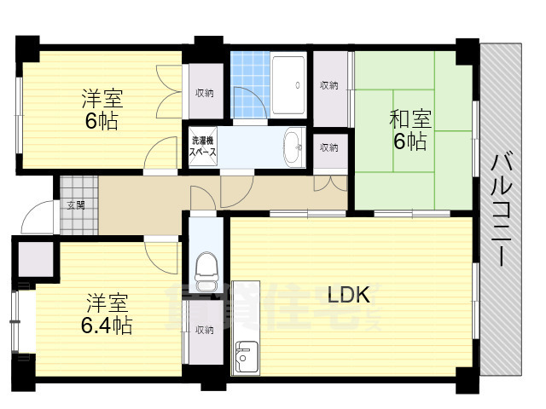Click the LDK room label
click(x=348, y=296)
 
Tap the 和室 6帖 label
click(x=409, y=129)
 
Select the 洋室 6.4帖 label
click(x=107, y=313)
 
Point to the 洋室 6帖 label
click(x=100, y=108)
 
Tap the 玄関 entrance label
click(x=75, y=204)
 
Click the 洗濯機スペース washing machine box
click(x=203, y=146)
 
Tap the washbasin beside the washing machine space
click(x=293, y=146)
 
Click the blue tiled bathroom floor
click(x=249, y=85)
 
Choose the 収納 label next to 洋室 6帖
click(x=203, y=93)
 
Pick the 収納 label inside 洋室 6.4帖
click(x=203, y=330)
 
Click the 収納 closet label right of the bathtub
click(x=329, y=85)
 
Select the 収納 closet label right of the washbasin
click(x=329, y=147)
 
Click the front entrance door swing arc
click(x=38, y=218)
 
